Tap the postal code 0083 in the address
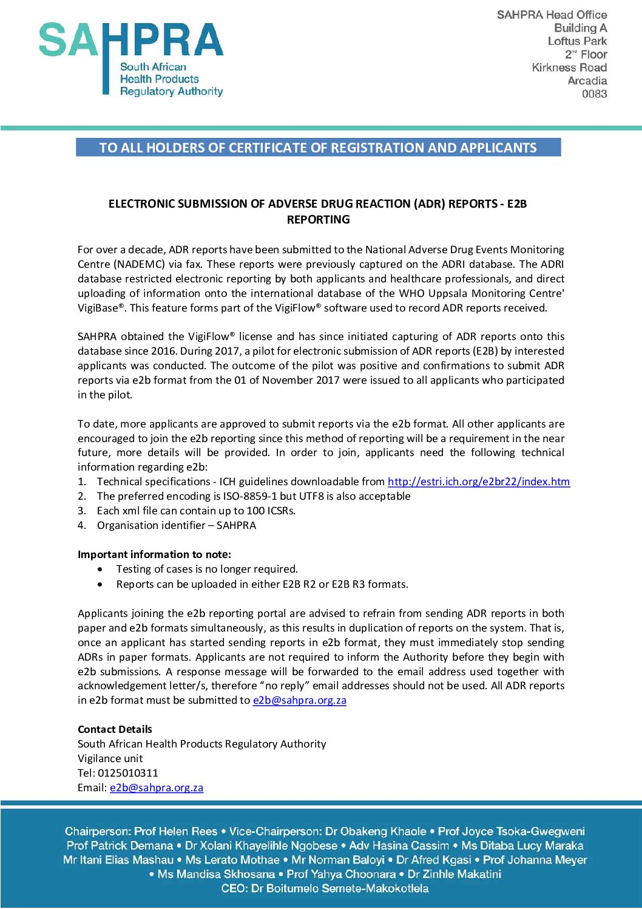coord(594,94)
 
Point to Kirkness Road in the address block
coord(569,67)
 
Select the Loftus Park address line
coord(577,41)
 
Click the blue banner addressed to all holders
coord(318,148)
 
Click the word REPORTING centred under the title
coord(318,220)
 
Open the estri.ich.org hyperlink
coord(478,482)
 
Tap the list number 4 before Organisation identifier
coord(81,525)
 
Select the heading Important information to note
coord(154,554)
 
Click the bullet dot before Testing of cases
coord(100,570)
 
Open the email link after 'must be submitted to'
coord(299,700)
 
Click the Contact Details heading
coord(115,729)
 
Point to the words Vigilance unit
coord(110,758)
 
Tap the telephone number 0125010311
coord(127,773)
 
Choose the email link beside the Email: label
coord(156,788)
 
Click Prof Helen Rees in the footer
coord(175,831)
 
